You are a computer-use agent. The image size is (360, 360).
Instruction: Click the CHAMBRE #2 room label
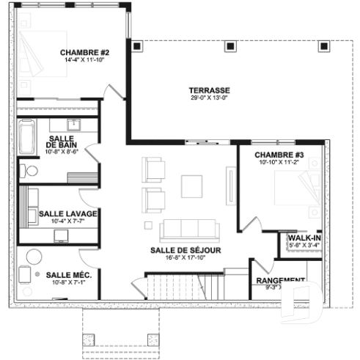pyautogui.click(x=84, y=53)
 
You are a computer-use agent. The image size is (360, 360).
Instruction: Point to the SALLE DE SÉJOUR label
pyautogui.click(x=185, y=250)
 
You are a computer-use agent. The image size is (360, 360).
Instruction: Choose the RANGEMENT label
pyautogui.click(x=280, y=280)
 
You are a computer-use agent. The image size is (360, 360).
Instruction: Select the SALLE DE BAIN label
pyautogui.click(x=64, y=142)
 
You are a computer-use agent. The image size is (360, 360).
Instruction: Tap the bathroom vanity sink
pyautogui.click(x=73, y=122)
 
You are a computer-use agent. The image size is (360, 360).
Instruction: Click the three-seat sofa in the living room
pyautogui.click(x=188, y=229)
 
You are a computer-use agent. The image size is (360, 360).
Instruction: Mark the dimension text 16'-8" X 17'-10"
pyautogui.click(x=185, y=258)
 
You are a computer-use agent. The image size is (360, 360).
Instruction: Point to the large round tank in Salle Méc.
pyautogui.click(x=34, y=256)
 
